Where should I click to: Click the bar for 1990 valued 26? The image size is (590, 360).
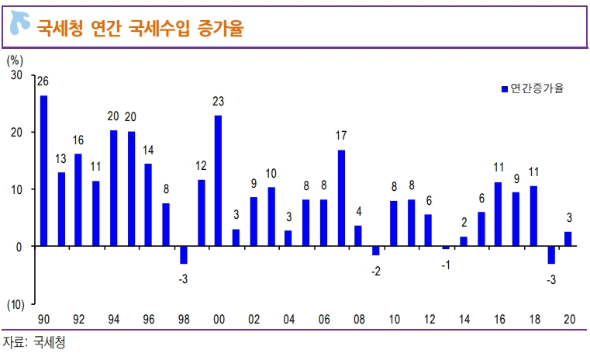[x=44, y=171]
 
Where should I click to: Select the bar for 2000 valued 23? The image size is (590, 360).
[x=219, y=181]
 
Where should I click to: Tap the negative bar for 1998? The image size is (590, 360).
[x=184, y=254]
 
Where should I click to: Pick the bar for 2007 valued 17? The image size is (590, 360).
[x=341, y=198]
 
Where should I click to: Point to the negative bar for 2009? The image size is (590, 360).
[x=376, y=250]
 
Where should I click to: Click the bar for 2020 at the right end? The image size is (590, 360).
[x=568, y=239]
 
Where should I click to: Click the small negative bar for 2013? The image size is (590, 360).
[x=446, y=247]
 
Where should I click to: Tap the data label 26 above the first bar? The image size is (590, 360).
[x=43, y=81]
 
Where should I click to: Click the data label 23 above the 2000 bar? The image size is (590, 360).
[x=219, y=102]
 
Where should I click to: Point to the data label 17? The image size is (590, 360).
[x=341, y=136]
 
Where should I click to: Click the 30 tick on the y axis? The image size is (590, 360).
[x=16, y=75]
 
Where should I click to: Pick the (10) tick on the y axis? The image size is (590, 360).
[x=16, y=303]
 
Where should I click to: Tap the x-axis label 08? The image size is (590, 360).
[x=358, y=319]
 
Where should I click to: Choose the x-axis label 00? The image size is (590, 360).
[x=219, y=319]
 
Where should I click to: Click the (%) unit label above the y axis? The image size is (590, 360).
[x=15, y=59]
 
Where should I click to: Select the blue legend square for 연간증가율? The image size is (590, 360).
[x=504, y=88]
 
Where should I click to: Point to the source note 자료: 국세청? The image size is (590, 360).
[x=34, y=342]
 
